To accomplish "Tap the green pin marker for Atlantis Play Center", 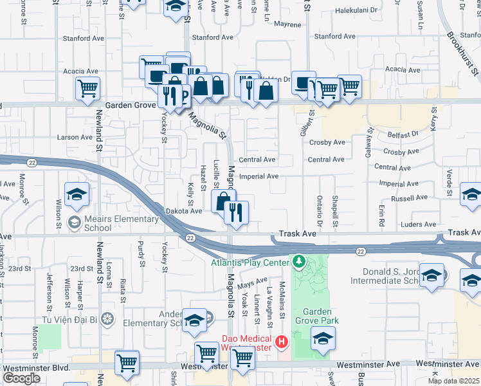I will click(298, 262).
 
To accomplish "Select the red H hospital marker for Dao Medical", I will click(280, 341).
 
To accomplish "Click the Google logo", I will click(21, 378).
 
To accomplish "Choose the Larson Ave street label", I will click(75, 137).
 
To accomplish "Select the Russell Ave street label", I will click(412, 198).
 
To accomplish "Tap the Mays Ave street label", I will click(252, 282).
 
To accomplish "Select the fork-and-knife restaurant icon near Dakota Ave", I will click(236, 212).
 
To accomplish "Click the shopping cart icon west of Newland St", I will click(87, 88).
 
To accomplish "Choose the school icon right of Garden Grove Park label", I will click(323, 338).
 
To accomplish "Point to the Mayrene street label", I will click(287, 24).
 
